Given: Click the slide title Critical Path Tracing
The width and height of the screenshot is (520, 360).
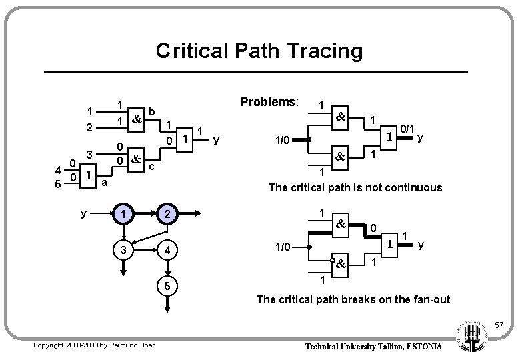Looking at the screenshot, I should coord(259,50).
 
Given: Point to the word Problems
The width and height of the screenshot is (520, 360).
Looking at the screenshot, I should coord(269,103).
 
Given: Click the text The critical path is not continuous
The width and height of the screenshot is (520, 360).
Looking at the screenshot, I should coord(355,187).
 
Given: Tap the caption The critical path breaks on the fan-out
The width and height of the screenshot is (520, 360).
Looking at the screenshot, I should coord(353,299).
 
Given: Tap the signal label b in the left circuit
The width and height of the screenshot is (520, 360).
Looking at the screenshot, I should coord(153,111).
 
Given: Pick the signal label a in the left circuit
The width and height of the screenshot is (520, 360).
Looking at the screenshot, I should coord(105,182).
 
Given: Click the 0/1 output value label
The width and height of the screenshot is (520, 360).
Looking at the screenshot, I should coord(408,128).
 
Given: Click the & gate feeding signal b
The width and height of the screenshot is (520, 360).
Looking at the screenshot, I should coord(136,119).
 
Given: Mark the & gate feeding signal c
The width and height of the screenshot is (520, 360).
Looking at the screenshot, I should coord(136,158).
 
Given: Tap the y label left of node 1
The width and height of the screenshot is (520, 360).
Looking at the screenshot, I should coord(83,215).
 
